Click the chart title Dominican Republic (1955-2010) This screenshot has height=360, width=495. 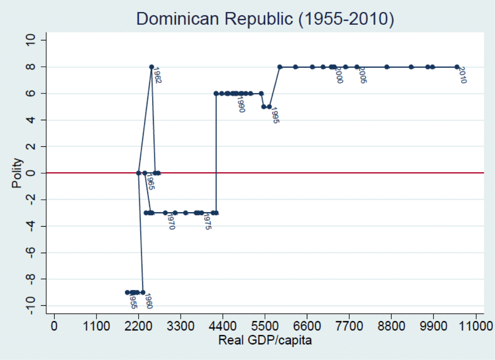pos(265,19)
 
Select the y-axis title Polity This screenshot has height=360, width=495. pos(17,173)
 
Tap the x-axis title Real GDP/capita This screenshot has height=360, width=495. pos(265,340)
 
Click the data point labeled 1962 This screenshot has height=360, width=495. pos(152,67)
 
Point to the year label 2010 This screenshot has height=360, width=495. pos(463,75)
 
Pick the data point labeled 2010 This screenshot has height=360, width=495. pos(457,67)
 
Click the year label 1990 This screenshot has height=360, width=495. pos(241,104)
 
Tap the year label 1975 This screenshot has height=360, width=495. pos(207,222)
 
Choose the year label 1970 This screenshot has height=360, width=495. pos(171,221)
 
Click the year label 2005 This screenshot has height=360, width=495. pos(363,75)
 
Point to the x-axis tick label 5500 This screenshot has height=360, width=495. pos(265,326)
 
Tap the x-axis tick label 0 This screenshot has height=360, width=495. pos(54,326)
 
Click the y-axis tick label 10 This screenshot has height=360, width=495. pos(30,40)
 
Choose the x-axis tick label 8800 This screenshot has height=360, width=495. pos(391,326)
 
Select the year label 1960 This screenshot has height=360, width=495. pos(148,301)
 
